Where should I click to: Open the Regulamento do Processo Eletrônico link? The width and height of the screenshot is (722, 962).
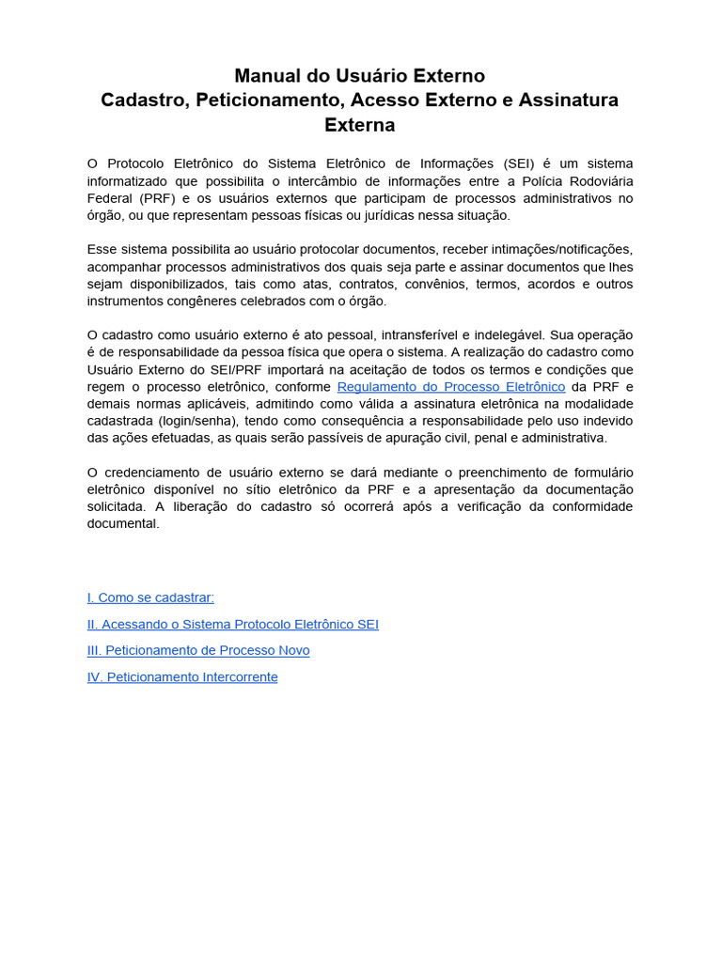click(451, 387)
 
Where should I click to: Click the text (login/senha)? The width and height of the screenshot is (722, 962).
click(198, 421)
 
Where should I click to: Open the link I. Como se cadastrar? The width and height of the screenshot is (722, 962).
click(150, 597)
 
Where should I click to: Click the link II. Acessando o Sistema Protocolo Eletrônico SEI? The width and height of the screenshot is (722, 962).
click(233, 624)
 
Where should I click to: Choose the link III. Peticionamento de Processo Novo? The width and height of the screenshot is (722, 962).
click(198, 650)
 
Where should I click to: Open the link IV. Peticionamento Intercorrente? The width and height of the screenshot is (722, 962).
click(182, 676)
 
